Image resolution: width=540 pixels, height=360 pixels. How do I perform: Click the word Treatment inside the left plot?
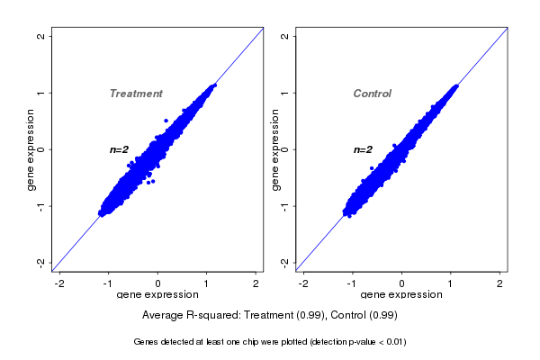(136, 94)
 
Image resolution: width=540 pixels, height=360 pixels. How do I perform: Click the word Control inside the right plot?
(373, 94)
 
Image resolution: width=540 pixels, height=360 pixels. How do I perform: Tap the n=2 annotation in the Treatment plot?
(120, 149)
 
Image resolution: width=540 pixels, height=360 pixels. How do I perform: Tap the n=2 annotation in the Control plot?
(363, 149)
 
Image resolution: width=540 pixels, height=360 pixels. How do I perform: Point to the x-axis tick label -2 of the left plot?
(60, 283)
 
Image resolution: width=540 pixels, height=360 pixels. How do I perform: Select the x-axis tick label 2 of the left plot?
(256, 283)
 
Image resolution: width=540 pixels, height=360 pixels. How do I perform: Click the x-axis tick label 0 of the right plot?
(402, 283)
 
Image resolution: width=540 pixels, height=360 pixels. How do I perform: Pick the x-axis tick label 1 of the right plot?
(452, 283)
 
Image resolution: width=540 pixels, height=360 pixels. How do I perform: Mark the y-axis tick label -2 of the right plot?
(284, 262)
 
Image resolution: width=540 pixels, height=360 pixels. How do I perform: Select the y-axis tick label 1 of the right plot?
(284, 93)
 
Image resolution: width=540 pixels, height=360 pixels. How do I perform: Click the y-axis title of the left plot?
(31, 149)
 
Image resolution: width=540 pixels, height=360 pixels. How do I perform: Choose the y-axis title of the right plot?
(275, 149)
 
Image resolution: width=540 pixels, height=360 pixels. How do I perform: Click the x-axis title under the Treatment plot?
(157, 295)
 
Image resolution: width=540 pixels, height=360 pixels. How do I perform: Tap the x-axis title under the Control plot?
(400, 295)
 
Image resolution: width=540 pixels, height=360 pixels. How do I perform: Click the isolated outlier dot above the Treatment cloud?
(166, 120)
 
